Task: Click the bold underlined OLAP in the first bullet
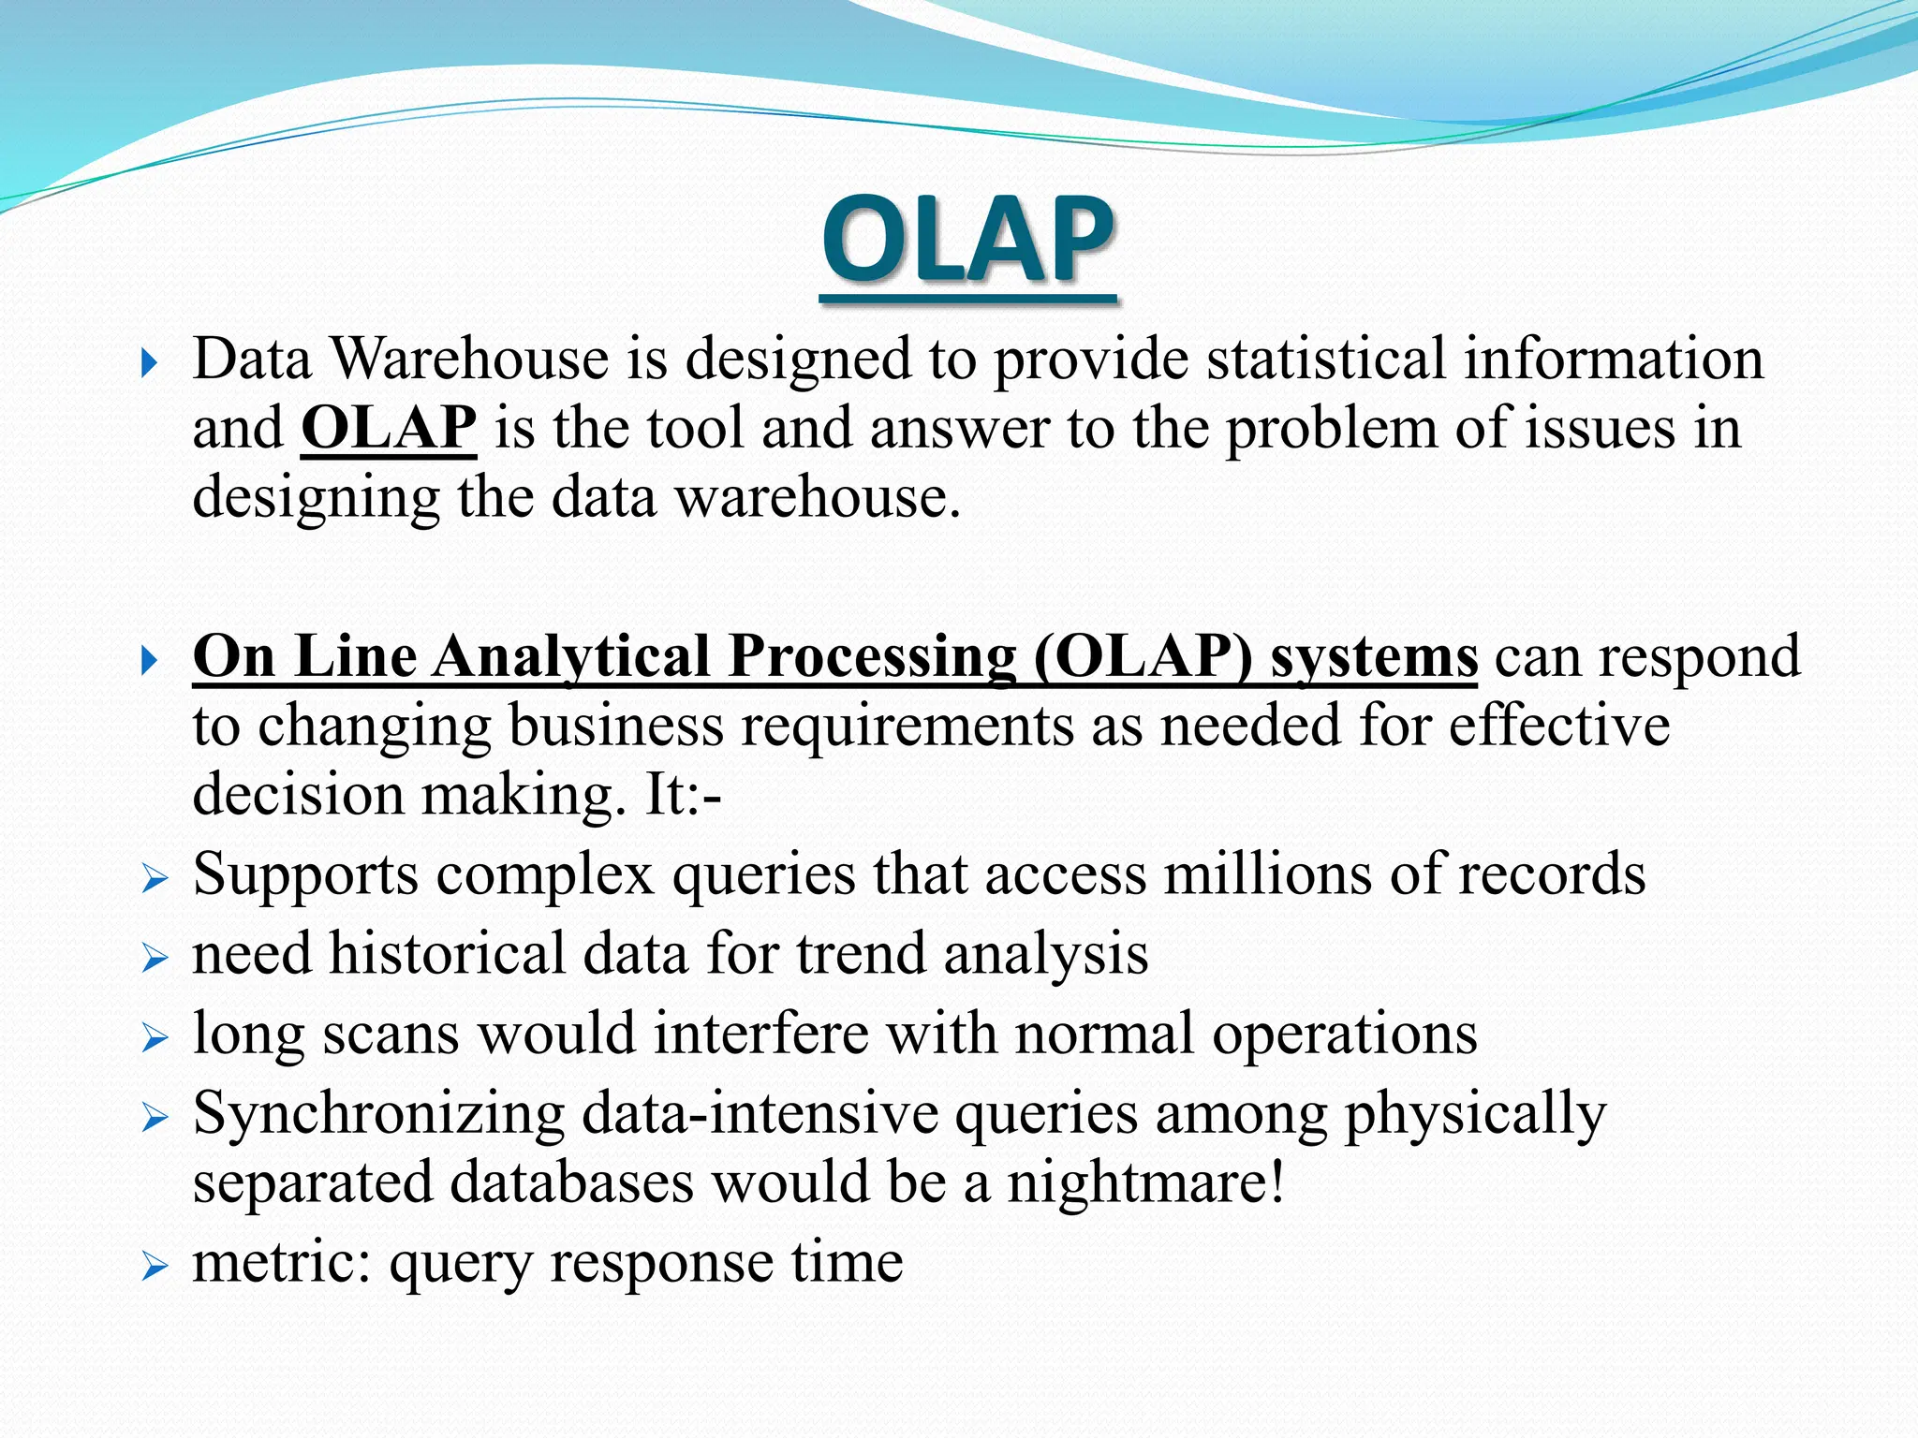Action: tap(389, 429)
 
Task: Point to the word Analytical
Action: tap(571, 656)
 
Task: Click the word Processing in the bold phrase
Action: tap(872, 656)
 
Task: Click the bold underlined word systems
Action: tap(1374, 656)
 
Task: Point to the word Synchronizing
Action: tap(378, 1114)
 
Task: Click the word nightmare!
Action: tap(1145, 1181)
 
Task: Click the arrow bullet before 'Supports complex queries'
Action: tap(155, 880)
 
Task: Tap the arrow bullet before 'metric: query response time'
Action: tap(155, 1268)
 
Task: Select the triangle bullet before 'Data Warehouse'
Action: tap(150, 363)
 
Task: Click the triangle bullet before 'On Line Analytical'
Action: tap(150, 661)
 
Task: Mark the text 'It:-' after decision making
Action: tap(683, 795)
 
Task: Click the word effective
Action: tap(1559, 726)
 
